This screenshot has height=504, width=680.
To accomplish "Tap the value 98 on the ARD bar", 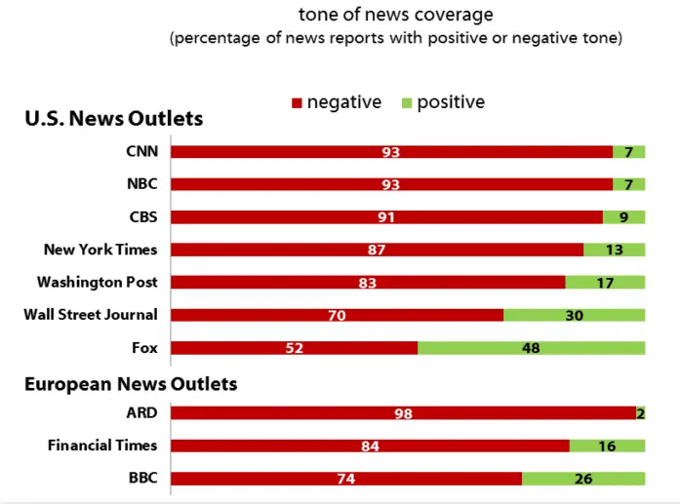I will coord(403,413).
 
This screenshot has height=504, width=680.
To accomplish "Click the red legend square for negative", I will coord(298,102).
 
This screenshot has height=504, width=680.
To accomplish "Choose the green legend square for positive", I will coord(407,102).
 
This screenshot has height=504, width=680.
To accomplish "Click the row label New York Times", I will coord(100,250).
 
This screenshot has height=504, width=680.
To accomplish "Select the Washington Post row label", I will coord(98,282).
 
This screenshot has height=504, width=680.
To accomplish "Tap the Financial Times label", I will coord(102,446).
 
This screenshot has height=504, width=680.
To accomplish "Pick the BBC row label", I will coord(142,478).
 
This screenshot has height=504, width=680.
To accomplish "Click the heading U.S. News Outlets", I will coord(113,118).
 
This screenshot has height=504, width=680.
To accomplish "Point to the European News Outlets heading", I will coord(131,383).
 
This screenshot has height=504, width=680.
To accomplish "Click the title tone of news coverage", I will coord(395,15).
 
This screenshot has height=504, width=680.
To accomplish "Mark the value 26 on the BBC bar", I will coord(583,479).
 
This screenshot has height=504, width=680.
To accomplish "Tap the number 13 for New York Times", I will coord(614,250).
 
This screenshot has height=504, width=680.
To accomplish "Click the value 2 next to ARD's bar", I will coord(640,413).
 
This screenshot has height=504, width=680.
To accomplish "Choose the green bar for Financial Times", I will coord(607,446).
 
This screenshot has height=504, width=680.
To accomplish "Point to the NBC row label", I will coord(142,184).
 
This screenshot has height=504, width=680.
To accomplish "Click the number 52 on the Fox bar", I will coord(295,348).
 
